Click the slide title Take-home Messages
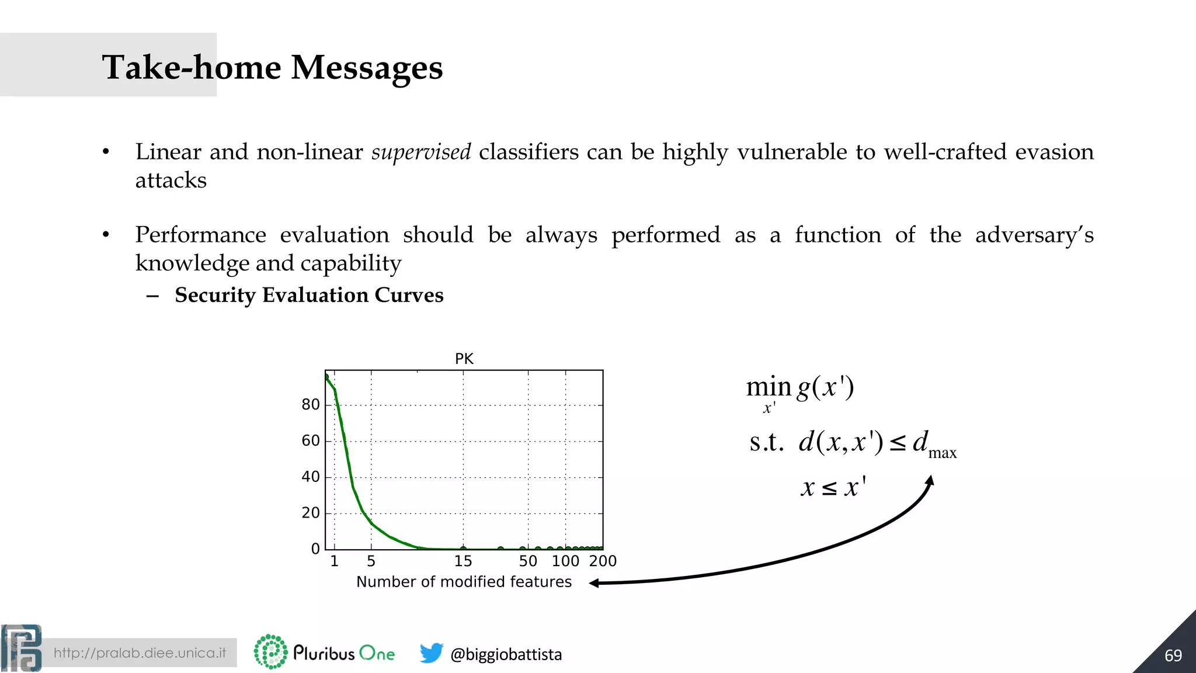tap(272, 68)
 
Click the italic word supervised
tap(420, 152)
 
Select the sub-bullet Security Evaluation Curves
tap(309, 295)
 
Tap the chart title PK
tap(464, 359)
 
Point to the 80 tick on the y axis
tap(311, 404)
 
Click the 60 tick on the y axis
tap(311, 440)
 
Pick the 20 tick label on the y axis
tap(311, 513)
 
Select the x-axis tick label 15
tap(463, 561)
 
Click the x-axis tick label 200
tap(603, 561)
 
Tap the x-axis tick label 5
tap(371, 561)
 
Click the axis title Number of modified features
tap(464, 582)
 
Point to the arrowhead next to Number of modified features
tap(594, 583)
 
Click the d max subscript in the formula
tap(941, 453)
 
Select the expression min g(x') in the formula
tap(800, 388)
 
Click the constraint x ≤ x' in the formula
tap(833, 487)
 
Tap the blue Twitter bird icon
tap(431, 653)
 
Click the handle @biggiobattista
tap(506, 654)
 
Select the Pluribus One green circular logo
tap(270, 652)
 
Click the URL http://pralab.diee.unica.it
tap(140, 653)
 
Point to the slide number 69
tap(1173, 655)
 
